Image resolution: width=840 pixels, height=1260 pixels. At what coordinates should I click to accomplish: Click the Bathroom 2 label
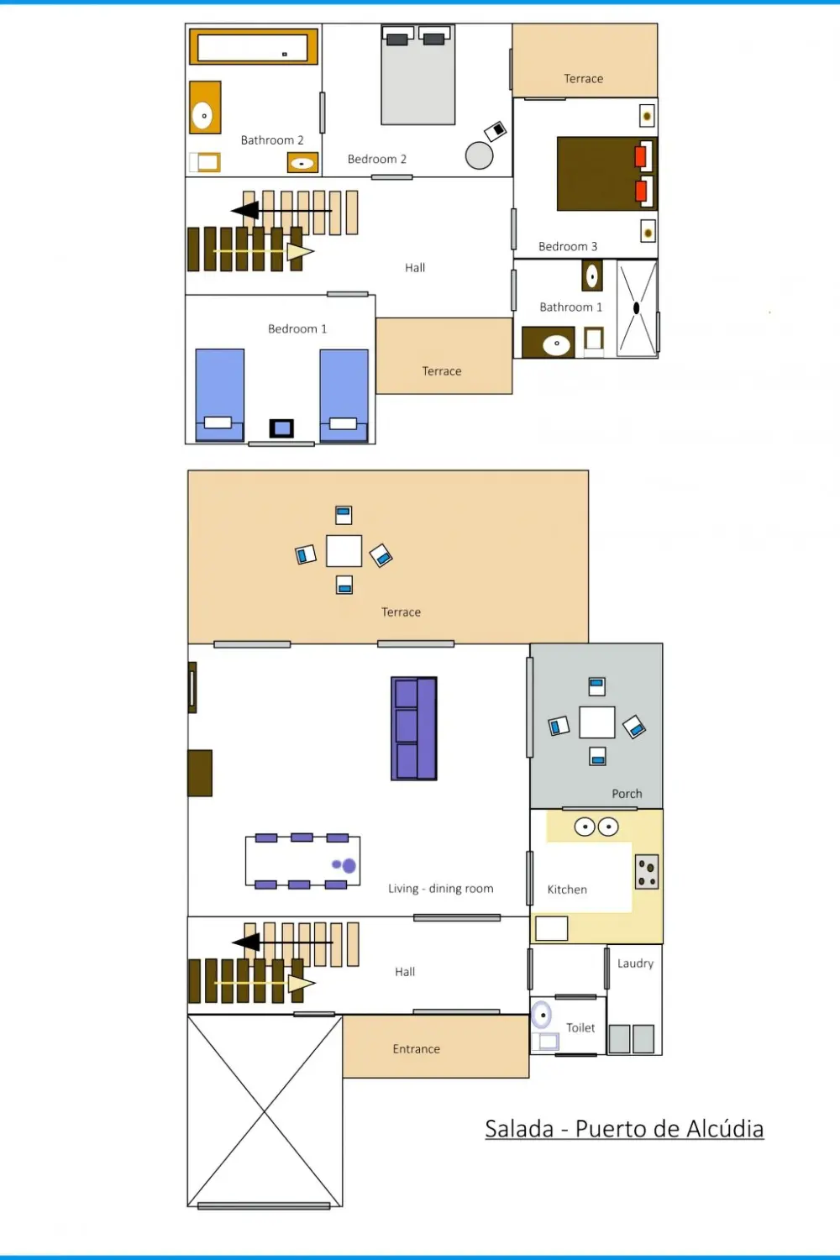point(272,140)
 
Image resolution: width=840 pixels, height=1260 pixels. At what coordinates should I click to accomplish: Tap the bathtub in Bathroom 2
point(253,47)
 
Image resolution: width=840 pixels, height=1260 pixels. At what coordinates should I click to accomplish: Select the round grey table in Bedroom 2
point(479,155)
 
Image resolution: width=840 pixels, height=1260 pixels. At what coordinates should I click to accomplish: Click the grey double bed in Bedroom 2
point(417,75)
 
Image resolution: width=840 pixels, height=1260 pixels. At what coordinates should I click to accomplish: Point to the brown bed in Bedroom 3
point(606,174)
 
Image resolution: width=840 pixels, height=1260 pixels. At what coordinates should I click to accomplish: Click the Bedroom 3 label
point(568,246)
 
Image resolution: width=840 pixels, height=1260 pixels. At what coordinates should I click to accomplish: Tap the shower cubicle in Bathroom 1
point(637,308)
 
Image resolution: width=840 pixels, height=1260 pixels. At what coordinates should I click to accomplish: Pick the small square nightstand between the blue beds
point(281,428)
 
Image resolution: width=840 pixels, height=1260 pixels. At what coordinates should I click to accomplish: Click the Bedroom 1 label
point(297,328)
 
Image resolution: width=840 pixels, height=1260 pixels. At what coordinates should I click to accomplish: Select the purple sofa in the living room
point(414,728)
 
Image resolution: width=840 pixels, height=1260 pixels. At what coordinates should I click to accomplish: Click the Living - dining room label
point(440,888)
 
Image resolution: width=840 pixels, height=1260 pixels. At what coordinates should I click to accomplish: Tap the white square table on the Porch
point(597,722)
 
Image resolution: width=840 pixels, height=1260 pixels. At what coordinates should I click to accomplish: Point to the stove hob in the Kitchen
point(647,872)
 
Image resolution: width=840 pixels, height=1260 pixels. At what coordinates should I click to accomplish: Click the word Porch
point(627,794)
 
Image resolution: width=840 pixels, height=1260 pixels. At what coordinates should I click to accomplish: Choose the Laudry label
point(635,963)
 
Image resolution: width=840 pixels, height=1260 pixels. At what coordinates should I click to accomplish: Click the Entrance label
point(417,1049)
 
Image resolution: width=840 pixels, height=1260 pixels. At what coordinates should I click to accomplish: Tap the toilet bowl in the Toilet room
point(542,1015)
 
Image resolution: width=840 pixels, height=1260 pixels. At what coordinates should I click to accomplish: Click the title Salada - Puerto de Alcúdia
point(624,1129)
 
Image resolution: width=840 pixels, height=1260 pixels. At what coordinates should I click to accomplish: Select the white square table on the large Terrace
point(344,551)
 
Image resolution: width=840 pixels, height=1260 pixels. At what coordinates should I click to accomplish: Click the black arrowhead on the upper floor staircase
point(245,210)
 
